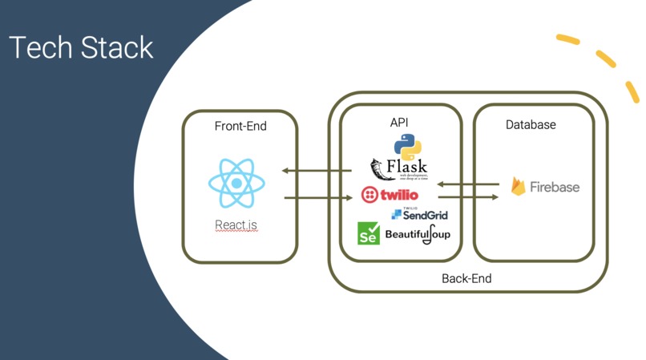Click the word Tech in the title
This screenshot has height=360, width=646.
click(38, 47)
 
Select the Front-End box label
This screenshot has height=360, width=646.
click(240, 126)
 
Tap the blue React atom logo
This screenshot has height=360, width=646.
click(236, 184)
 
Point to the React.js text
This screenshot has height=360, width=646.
click(236, 225)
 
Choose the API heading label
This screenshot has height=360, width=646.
click(399, 122)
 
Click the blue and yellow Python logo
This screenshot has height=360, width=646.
click(407, 146)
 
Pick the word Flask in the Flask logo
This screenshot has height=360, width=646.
click(407, 167)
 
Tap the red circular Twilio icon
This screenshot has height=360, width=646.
click(369, 195)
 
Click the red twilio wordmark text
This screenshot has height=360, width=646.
click(399, 195)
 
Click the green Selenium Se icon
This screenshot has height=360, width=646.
click(369, 233)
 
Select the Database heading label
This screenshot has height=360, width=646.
click(531, 125)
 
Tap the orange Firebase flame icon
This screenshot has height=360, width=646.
click(519, 187)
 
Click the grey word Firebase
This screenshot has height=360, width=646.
click(555, 187)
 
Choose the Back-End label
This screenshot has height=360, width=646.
click(466, 278)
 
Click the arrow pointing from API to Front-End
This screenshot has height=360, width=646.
click(317, 170)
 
